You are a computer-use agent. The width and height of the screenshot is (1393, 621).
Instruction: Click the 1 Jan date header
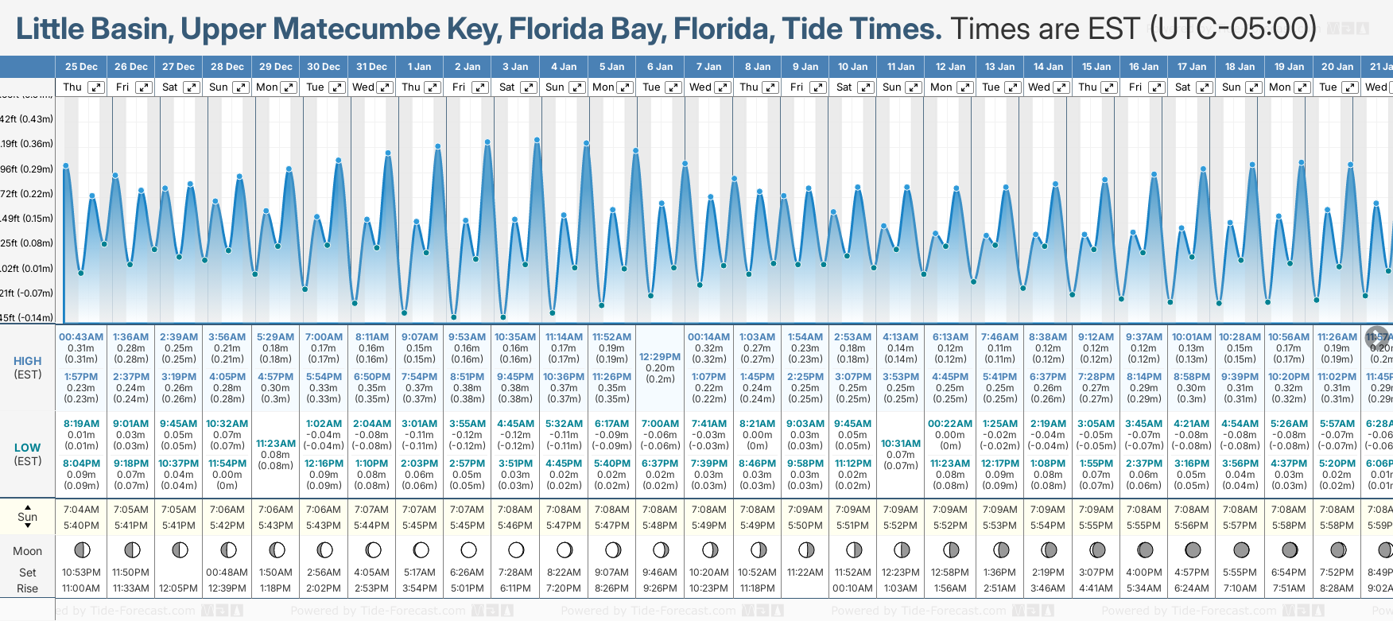click(419, 67)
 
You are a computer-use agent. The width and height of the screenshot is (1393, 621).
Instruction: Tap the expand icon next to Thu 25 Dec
click(96, 87)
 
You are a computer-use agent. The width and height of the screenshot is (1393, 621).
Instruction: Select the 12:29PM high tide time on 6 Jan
click(660, 357)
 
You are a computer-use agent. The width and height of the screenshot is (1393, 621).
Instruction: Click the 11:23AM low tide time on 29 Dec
click(276, 444)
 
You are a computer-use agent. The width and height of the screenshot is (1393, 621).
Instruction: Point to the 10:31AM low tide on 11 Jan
click(901, 444)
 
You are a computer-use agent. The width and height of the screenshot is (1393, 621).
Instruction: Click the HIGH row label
click(27, 362)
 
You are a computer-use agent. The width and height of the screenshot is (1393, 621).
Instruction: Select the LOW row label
click(27, 448)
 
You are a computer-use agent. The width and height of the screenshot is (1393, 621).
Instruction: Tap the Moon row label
click(27, 551)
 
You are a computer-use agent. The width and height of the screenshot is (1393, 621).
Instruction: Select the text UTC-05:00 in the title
click(1233, 29)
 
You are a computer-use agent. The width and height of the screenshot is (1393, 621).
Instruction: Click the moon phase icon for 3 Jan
click(516, 549)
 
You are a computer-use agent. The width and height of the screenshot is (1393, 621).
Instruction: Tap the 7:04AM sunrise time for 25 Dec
click(81, 510)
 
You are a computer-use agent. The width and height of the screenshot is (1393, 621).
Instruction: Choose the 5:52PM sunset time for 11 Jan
click(901, 526)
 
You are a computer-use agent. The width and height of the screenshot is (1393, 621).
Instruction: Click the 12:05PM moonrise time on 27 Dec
click(179, 588)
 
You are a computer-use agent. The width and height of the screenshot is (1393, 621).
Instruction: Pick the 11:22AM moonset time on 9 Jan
click(805, 572)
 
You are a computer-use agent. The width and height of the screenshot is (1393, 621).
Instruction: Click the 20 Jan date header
click(1337, 67)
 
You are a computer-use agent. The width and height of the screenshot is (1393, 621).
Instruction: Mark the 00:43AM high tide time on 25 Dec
click(81, 337)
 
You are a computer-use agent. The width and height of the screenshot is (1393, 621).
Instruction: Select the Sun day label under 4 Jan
click(555, 87)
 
